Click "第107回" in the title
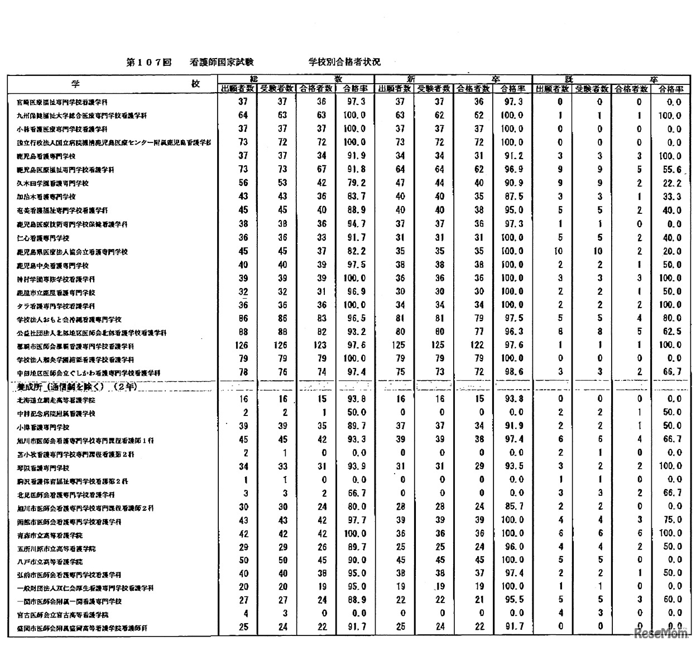[x=148, y=63]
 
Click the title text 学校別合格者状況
[x=344, y=63]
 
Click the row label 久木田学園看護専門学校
[x=53, y=183]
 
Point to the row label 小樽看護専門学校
[x=43, y=427]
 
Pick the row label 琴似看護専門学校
[x=43, y=468]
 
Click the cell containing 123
[x=315, y=345]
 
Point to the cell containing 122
[x=473, y=345]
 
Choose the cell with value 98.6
[x=512, y=372]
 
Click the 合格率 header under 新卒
[x=512, y=89]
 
